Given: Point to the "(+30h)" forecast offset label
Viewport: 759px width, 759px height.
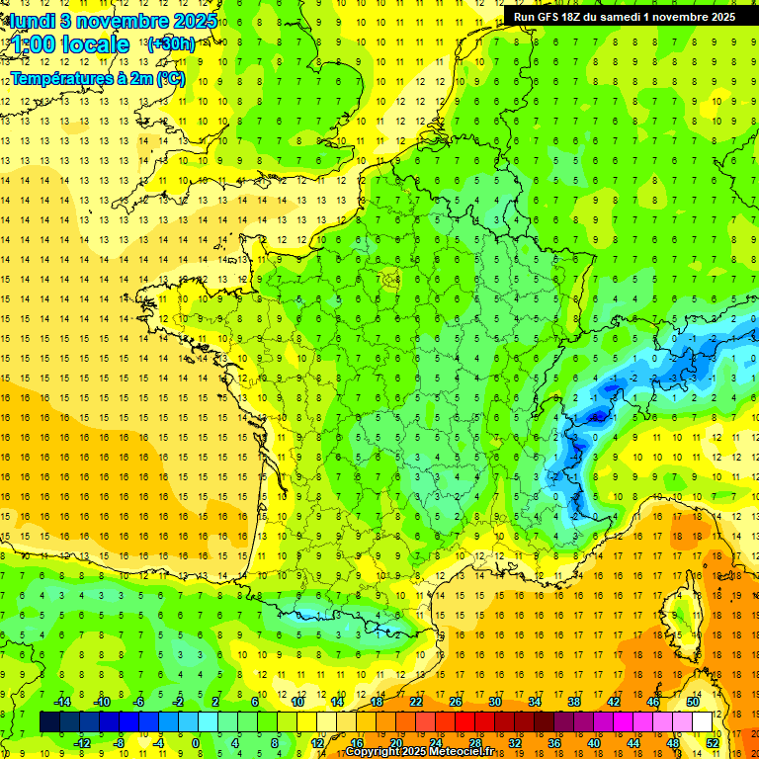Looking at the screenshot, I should coord(170,44).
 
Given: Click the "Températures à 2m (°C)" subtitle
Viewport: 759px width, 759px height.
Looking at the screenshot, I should coord(96,78).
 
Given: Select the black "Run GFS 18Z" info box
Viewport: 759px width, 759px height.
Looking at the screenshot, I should coord(624,16).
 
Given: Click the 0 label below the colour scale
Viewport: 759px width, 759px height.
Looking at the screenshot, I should coord(196,742).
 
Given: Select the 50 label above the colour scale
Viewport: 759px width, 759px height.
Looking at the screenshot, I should coord(693,702).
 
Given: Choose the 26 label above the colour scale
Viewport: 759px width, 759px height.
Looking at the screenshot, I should coord(456,702).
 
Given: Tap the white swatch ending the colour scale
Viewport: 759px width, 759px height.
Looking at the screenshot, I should coord(702,721).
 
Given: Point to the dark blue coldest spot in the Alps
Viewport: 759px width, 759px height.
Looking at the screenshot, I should coord(596,417).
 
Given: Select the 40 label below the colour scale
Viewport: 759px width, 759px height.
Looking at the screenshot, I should coord(594,742).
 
